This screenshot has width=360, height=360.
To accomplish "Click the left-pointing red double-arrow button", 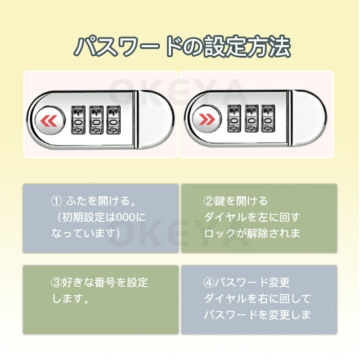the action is [49, 120].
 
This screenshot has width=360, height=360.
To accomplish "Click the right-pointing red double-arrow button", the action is [206, 119].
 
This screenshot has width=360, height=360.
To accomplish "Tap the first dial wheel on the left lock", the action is [78, 120].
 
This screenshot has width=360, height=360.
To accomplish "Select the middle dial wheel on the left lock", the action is [96, 120].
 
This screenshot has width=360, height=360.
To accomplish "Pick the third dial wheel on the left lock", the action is [113, 120].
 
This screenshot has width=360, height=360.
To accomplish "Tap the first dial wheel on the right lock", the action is [234, 118].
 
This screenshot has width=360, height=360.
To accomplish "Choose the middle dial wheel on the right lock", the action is [252, 118].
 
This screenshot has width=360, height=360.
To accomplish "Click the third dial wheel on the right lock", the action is [268, 118].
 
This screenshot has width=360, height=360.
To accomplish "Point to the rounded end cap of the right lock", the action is [309, 118].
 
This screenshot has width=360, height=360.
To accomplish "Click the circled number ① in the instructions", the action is [56, 201].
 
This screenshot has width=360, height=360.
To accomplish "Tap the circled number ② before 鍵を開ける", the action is [209, 201].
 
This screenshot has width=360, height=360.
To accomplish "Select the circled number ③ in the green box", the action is [56, 283].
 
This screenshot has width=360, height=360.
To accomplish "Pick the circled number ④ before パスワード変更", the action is [209, 283].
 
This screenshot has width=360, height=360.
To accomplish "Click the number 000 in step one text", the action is [126, 217].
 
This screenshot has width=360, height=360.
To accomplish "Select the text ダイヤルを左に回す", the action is [252, 217].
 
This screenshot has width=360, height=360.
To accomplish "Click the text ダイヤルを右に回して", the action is [257, 298].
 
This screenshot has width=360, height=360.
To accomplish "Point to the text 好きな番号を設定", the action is [105, 283].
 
